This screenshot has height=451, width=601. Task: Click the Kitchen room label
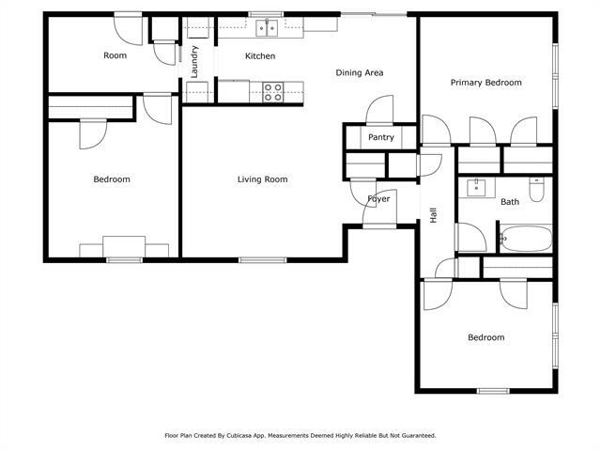260,56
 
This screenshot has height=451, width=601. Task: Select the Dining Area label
360,72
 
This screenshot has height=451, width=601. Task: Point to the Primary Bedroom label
485,83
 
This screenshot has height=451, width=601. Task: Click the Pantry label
380,137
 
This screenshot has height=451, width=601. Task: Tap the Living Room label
262,179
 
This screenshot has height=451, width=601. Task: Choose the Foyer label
378,199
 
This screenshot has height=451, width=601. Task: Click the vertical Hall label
434,215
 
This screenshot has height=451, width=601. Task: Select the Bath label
509,202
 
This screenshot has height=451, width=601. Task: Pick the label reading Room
115,55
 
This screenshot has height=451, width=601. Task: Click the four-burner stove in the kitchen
272,91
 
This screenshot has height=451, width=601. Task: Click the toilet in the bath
536,191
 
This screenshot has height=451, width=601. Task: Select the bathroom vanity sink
477,185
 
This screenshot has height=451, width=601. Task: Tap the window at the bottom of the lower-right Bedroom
492,391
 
